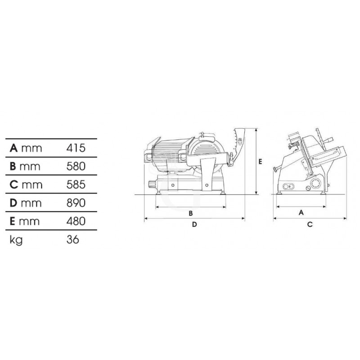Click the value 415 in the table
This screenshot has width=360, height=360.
click(76, 148)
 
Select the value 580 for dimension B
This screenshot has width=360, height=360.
click(76, 166)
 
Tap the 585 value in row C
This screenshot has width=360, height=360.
click(76, 184)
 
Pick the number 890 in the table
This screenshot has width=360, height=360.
click(76, 203)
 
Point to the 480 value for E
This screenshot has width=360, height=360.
click(76, 221)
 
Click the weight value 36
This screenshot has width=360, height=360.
click(73, 239)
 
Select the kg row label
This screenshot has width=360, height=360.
click(16, 240)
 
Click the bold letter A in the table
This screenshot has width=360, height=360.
click(13, 148)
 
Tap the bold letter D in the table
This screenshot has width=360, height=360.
click(13, 203)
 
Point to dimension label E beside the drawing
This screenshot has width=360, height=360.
click(260, 162)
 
